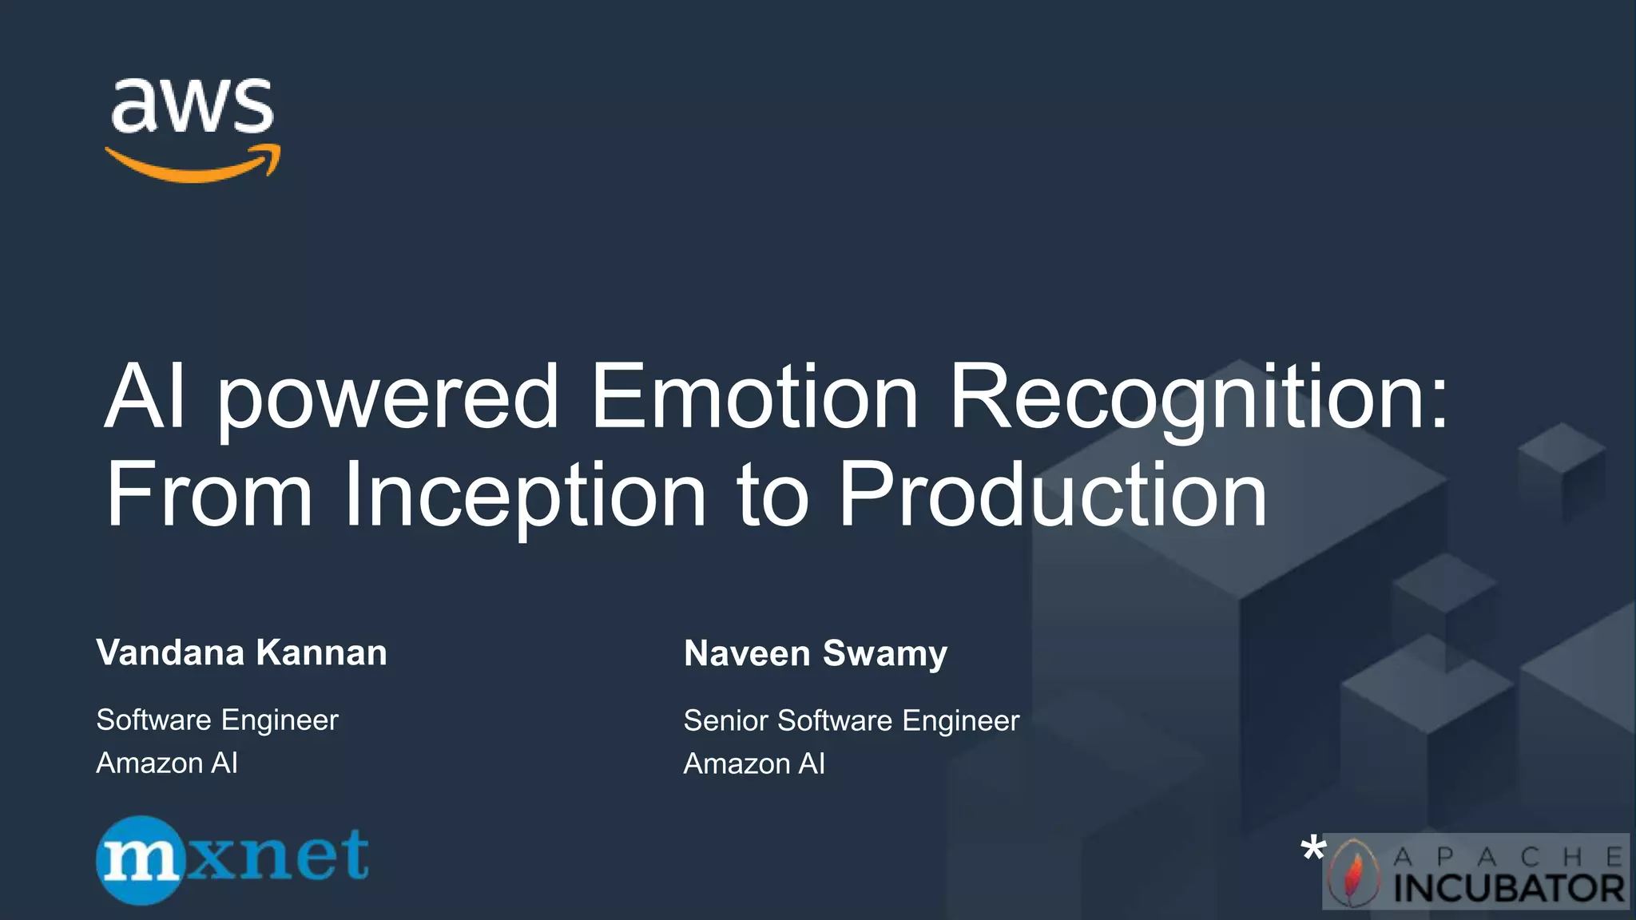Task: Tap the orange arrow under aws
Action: (x=192, y=166)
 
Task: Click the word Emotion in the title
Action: (x=754, y=397)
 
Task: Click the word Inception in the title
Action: (x=525, y=495)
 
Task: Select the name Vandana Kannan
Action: (x=241, y=652)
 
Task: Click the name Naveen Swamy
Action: (x=816, y=653)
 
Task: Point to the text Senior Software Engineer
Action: (x=852, y=720)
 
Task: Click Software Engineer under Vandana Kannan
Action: (x=217, y=720)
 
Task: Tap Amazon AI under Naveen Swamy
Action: (x=754, y=763)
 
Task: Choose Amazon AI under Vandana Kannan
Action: (x=167, y=763)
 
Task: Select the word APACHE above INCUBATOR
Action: (x=1508, y=857)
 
